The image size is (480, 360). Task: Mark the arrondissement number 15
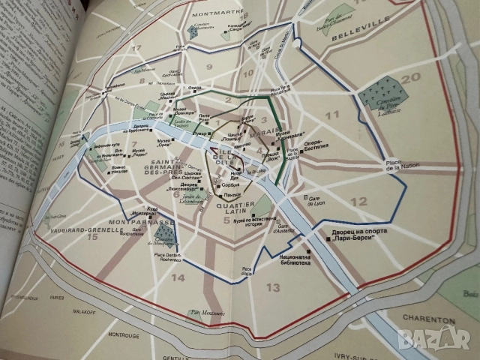point(92,238)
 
